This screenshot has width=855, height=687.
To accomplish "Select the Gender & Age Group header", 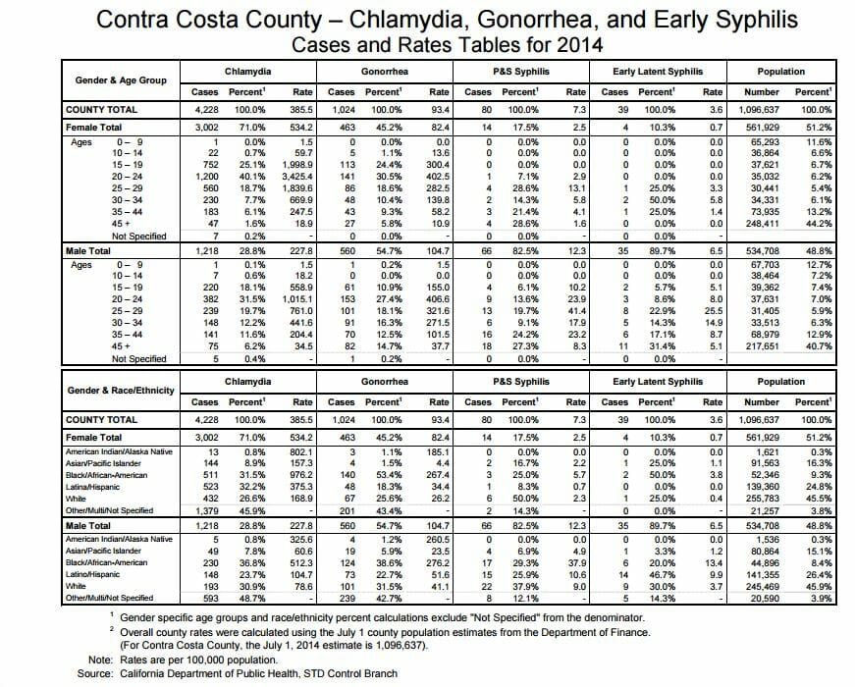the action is (x=121, y=80).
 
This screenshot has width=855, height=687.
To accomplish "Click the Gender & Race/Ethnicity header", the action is (x=121, y=391).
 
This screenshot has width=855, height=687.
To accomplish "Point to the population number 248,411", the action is (x=762, y=224).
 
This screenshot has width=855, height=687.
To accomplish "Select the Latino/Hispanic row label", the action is (x=92, y=574).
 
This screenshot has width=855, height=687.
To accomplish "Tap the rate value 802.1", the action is (x=301, y=452).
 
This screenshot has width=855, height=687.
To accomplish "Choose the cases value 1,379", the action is (x=207, y=511).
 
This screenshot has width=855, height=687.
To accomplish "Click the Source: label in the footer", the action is (x=95, y=674).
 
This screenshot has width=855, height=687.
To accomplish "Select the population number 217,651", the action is (x=762, y=346).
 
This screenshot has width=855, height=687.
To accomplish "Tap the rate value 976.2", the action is (x=301, y=475).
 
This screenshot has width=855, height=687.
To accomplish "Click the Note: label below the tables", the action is (x=101, y=660).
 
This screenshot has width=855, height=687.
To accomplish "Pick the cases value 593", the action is (x=210, y=598).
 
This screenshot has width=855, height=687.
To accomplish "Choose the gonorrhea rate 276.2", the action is (x=438, y=562).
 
